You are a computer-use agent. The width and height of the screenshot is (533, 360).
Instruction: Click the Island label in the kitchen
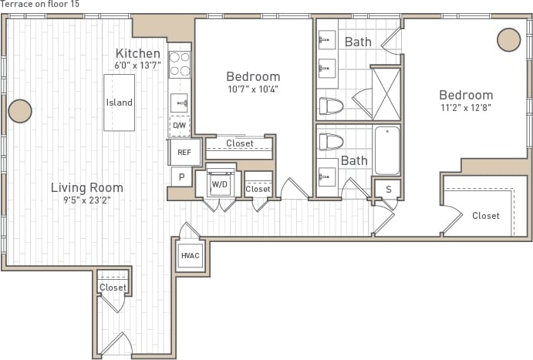point(119,103)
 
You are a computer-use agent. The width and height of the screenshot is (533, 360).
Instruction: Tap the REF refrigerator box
point(184,152)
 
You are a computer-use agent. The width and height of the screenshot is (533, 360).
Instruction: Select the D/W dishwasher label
point(179,125)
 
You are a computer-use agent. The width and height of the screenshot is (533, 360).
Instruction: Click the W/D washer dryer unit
point(220,185)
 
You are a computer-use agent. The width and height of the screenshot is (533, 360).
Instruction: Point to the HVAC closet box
point(191,255)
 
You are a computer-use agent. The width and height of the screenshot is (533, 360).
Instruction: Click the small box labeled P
point(181,177)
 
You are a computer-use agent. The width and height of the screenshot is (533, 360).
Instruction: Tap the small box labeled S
point(388,189)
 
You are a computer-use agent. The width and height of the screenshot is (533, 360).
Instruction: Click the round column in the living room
point(20,111)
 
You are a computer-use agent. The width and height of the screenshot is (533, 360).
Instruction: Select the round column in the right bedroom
point(508,39)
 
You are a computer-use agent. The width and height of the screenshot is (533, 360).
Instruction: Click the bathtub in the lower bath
point(387,151)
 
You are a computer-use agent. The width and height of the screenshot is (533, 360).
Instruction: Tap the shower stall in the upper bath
point(386,94)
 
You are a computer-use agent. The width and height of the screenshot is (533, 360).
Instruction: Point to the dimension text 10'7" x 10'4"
point(252,89)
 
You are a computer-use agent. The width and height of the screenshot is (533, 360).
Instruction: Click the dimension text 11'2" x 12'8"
point(465,108)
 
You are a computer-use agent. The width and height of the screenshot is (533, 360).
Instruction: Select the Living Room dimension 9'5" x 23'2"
point(86,200)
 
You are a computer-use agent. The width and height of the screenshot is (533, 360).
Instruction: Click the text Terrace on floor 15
point(39,5)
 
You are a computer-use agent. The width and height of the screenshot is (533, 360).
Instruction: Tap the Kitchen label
point(138,53)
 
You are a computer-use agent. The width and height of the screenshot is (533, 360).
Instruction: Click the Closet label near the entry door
point(113,288)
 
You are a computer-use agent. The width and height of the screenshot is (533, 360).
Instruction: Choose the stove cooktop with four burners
point(180,64)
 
